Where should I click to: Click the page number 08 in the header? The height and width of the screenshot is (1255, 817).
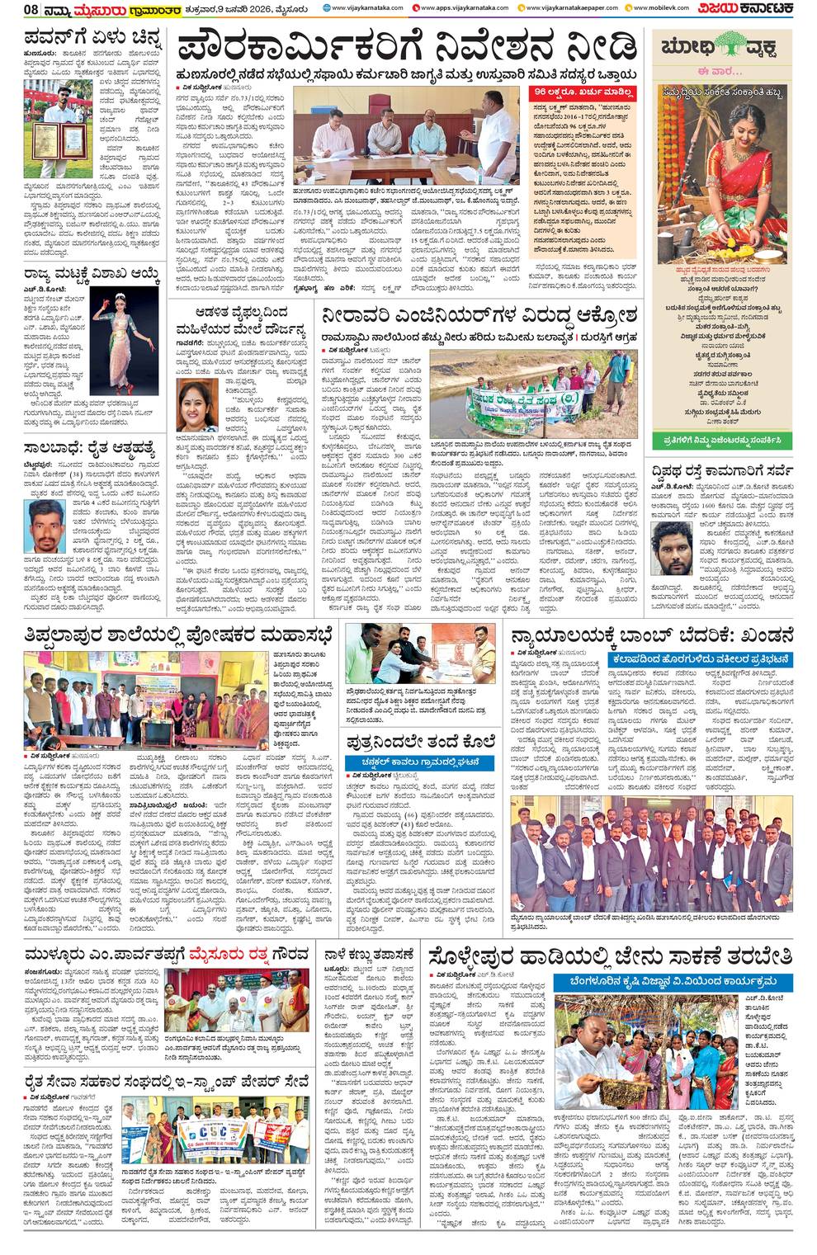point(13,10)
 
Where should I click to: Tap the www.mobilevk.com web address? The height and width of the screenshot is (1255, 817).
point(660,8)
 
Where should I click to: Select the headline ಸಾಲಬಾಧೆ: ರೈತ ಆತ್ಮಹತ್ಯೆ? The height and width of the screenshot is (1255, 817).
point(97,446)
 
